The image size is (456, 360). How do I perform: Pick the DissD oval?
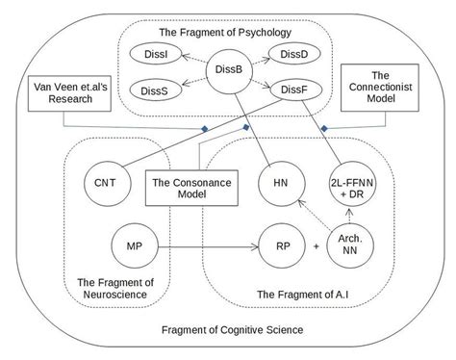point(290,52)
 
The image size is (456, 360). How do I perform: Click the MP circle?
point(135,246)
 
